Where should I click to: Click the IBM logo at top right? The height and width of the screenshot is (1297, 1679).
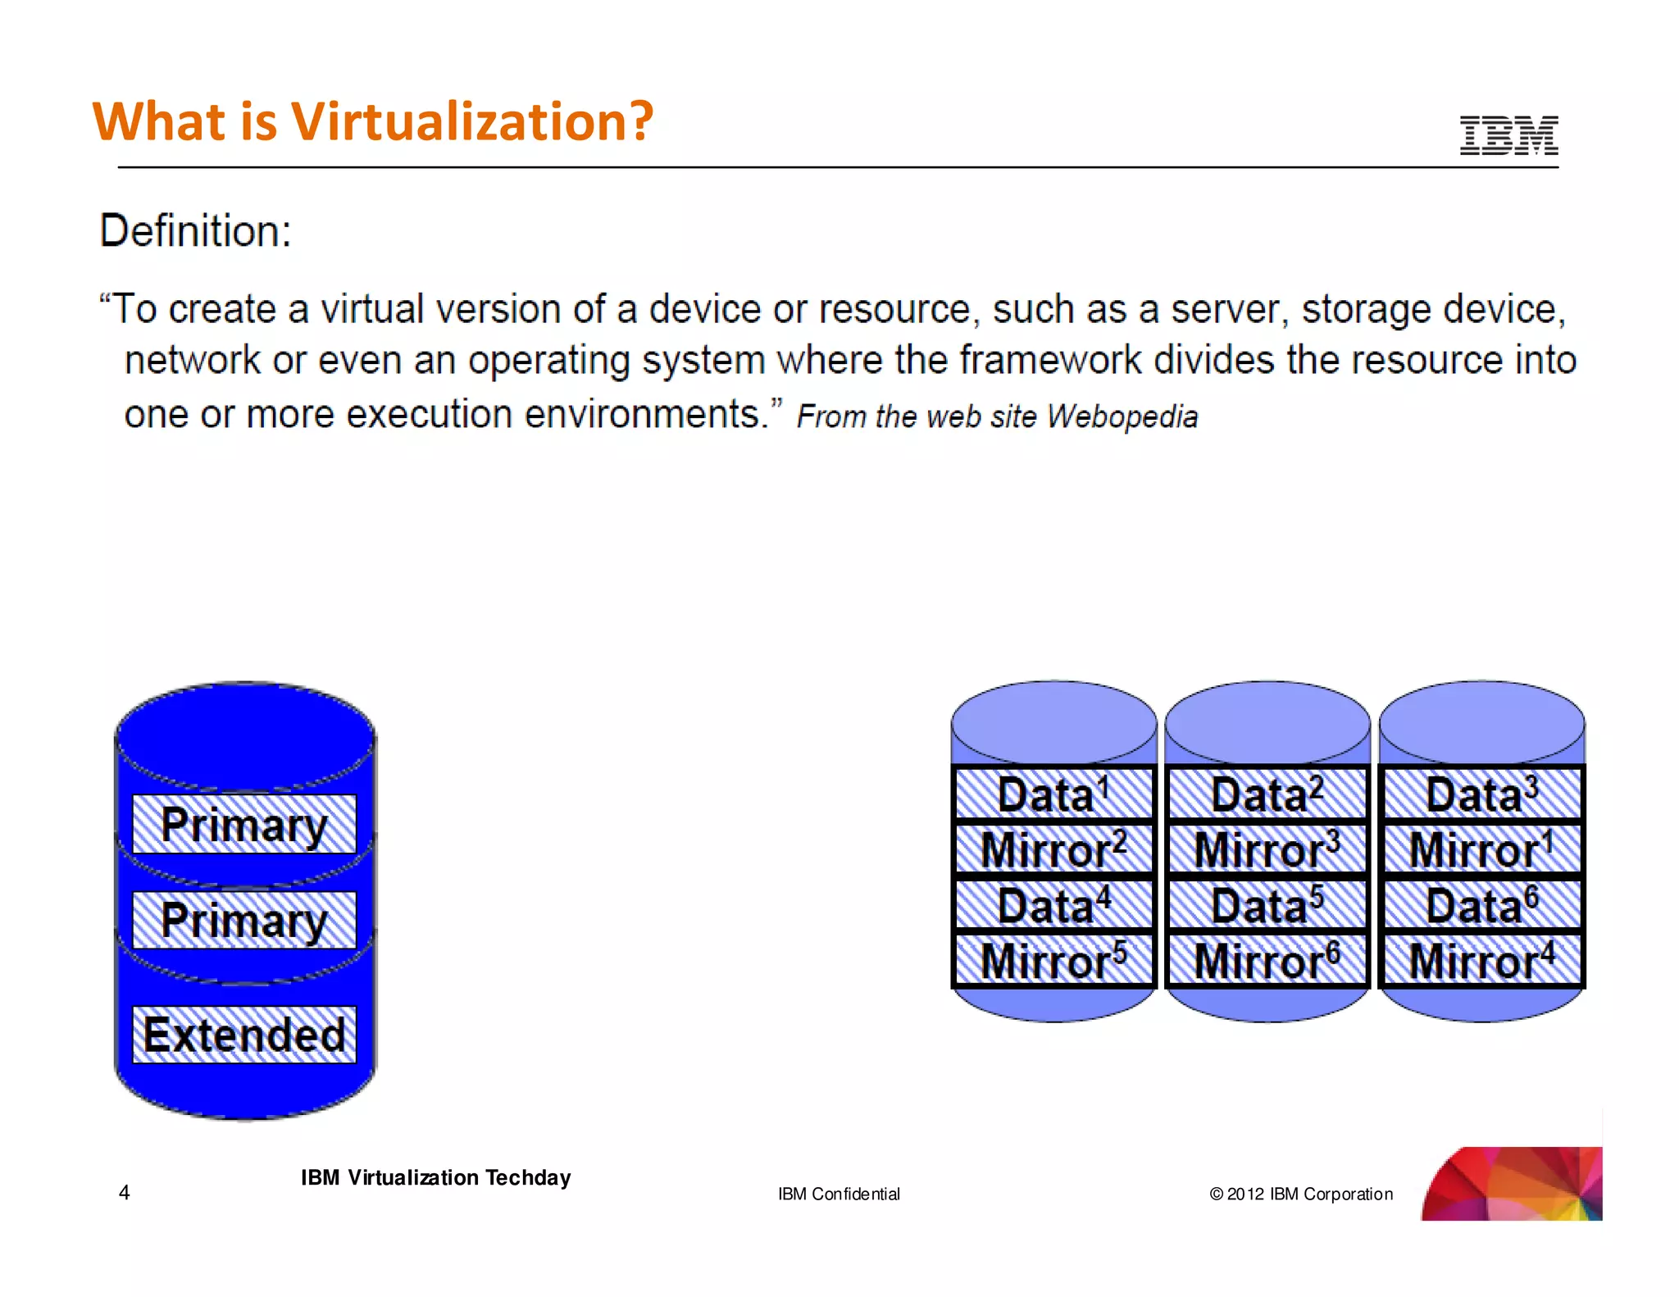click(1508, 135)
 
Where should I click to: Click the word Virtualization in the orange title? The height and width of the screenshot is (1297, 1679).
click(472, 121)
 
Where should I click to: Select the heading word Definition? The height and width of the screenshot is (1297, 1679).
click(195, 231)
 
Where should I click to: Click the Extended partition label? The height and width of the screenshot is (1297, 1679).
click(244, 1035)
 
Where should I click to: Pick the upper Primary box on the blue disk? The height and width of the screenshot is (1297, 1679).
click(244, 824)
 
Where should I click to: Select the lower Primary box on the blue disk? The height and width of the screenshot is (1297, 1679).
click(244, 920)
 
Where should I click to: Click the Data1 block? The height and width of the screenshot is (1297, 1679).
click(1053, 794)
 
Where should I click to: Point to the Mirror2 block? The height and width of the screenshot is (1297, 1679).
click(1053, 849)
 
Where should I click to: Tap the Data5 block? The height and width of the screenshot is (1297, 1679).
click(1267, 905)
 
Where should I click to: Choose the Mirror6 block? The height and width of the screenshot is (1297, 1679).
click(1267, 960)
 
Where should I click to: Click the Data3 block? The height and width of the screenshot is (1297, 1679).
click(1481, 794)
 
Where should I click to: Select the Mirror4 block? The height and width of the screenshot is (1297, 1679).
click(1481, 960)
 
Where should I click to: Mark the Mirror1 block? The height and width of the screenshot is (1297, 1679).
click(1481, 849)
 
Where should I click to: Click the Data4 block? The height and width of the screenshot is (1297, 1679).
click(1053, 905)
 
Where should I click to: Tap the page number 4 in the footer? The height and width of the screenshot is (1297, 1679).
click(125, 1192)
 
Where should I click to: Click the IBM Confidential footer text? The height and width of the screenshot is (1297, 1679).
click(839, 1195)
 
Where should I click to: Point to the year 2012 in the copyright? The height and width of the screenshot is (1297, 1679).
click(1245, 1195)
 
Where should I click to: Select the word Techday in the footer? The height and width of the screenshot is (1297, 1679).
click(527, 1178)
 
